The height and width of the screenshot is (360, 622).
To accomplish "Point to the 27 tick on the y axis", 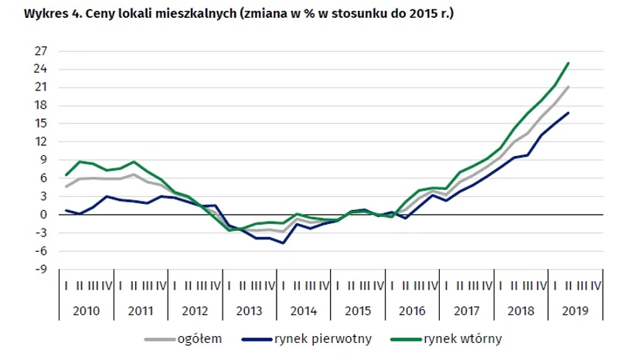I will pyautogui.click(x=41, y=51).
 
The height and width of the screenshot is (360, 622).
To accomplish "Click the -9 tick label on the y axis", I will pyautogui.click(x=41, y=270).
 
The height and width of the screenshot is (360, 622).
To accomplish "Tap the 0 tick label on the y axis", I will pyautogui.click(x=44, y=215).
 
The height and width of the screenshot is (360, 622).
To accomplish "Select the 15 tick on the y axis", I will pyautogui.click(x=41, y=124).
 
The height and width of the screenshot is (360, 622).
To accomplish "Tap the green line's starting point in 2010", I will pyautogui.click(x=66, y=175).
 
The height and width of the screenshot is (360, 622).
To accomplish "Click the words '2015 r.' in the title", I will pyautogui.click(x=430, y=14).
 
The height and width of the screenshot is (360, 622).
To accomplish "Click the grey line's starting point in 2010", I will pyautogui.click(x=66, y=186).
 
